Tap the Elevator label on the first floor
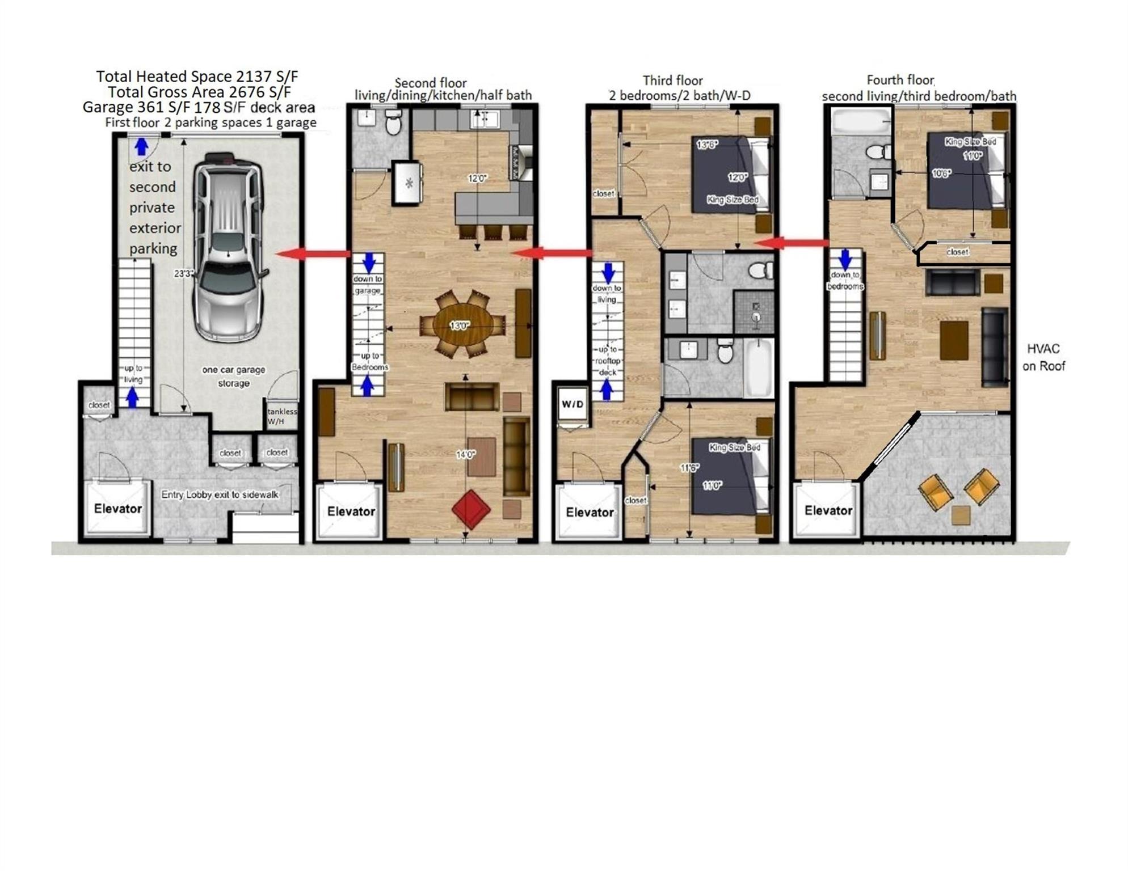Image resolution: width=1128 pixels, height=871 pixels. tap(117, 509)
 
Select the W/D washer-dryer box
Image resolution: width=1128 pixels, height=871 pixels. tap(572, 404)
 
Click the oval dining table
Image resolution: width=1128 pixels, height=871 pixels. tap(462, 325)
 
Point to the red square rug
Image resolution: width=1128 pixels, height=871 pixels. tap(471, 509)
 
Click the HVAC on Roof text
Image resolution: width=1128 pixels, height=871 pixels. tap(1043, 357)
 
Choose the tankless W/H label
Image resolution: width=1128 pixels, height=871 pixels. tap(281, 416)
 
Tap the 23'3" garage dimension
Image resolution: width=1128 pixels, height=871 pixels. tap(183, 273)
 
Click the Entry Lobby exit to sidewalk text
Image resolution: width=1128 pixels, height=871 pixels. tap(220, 494)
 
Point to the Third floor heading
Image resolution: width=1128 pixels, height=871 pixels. tap(672, 81)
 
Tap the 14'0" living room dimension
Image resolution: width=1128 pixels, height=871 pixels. tap(465, 454)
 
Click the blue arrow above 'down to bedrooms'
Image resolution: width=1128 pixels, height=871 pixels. tap(845, 259)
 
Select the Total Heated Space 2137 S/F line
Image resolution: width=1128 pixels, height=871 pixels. tap(197, 76)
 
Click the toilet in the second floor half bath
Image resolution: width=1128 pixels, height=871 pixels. tap(393, 122)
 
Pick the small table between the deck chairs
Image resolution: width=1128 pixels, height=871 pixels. tap(960, 515)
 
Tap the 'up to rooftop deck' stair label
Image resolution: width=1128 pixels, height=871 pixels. tap(607, 361)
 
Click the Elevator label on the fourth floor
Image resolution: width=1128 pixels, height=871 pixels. tap(828, 510)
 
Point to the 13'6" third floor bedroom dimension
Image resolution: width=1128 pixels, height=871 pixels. tap(707, 145)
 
